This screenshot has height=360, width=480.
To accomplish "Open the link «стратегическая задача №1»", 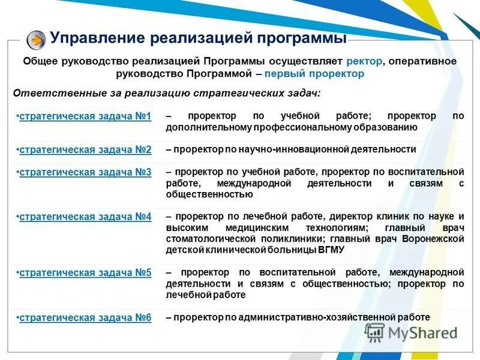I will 85,116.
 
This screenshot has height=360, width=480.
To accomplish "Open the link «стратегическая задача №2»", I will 85,149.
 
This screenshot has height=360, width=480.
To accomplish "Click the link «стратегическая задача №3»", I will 85,172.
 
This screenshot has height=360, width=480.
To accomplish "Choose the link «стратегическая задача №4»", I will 85,217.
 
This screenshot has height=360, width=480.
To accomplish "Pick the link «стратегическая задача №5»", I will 85,273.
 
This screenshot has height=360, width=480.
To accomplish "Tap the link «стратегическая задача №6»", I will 85,317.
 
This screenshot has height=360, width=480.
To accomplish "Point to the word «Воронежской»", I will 433,239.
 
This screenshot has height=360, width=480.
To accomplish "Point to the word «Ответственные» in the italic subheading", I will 50,93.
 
